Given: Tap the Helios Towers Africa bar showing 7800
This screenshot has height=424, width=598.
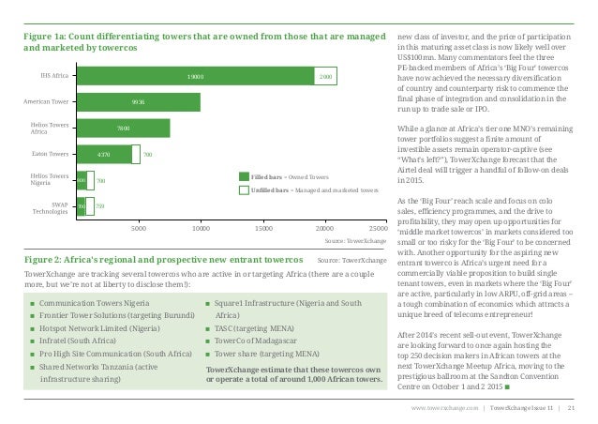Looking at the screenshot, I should pyautogui.click(x=123, y=127).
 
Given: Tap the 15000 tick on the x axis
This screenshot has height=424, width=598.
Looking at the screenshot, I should pyautogui.click(x=263, y=227).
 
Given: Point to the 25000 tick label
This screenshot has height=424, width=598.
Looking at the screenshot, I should pyautogui.click(x=379, y=227).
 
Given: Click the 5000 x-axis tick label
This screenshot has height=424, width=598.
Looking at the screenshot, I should pyautogui.click(x=138, y=227).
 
